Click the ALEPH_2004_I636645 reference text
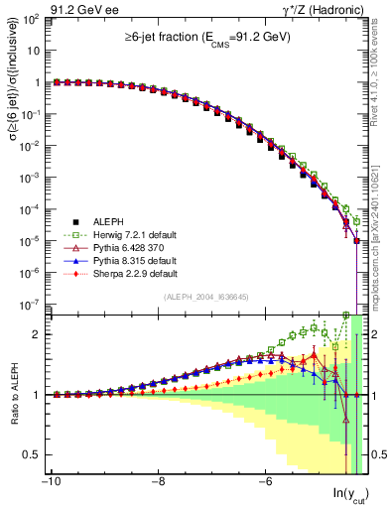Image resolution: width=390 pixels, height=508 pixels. pos(205,297)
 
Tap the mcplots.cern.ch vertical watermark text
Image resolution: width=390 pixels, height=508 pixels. pos(380,228)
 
